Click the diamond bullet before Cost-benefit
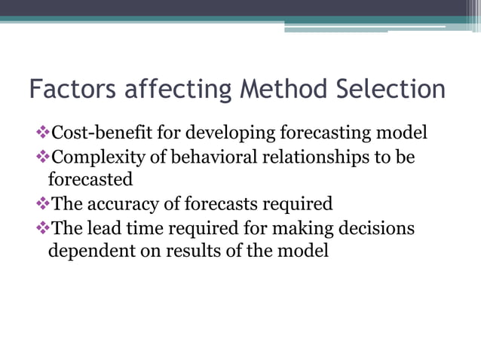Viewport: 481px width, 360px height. tap(42, 133)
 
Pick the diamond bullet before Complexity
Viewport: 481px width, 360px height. tap(42, 157)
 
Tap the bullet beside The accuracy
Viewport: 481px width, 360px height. tap(42, 203)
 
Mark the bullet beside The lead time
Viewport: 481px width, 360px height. tap(42, 227)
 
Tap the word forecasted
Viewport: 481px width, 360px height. tap(90, 180)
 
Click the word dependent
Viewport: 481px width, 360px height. tap(87, 251)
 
